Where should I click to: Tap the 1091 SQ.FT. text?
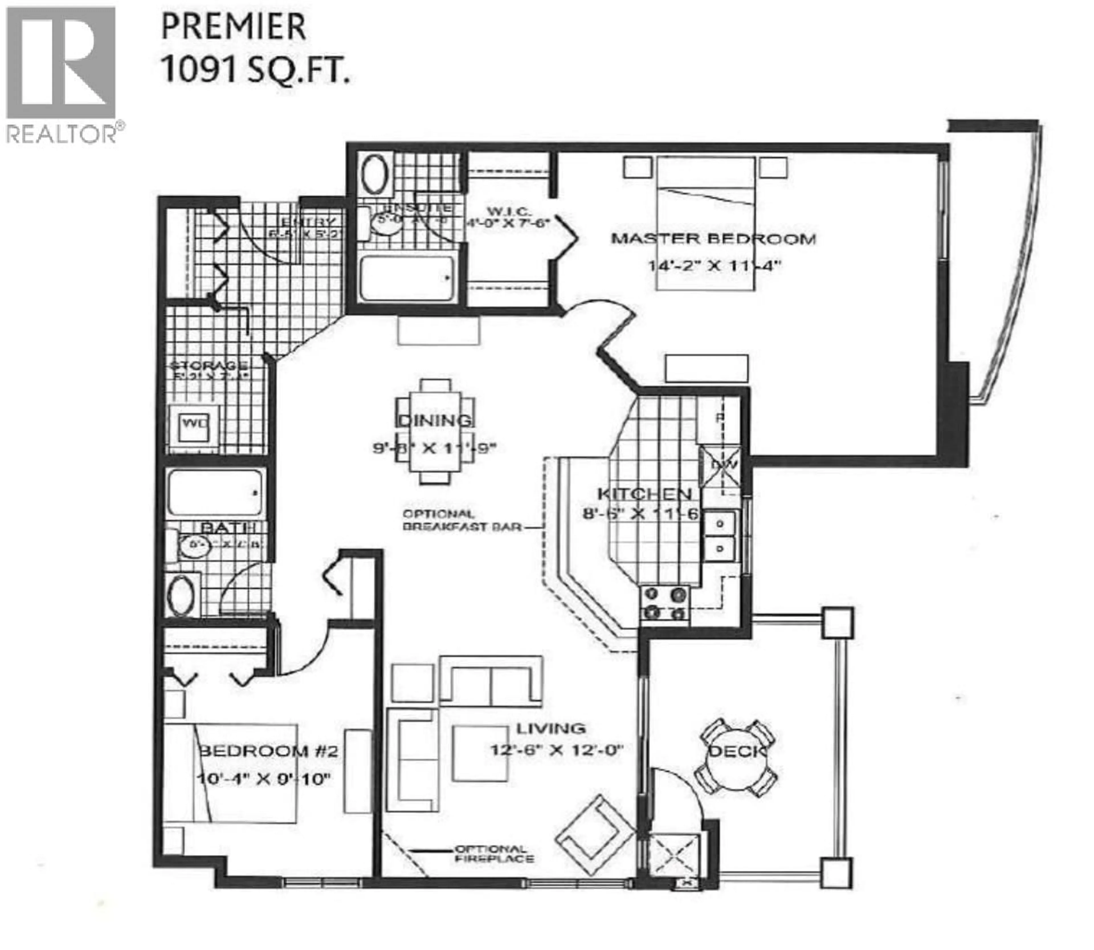pyautogui.click(x=255, y=70)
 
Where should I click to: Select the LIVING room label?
pyautogui.click(x=551, y=728)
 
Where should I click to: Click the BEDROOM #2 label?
pyautogui.click(x=268, y=751)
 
